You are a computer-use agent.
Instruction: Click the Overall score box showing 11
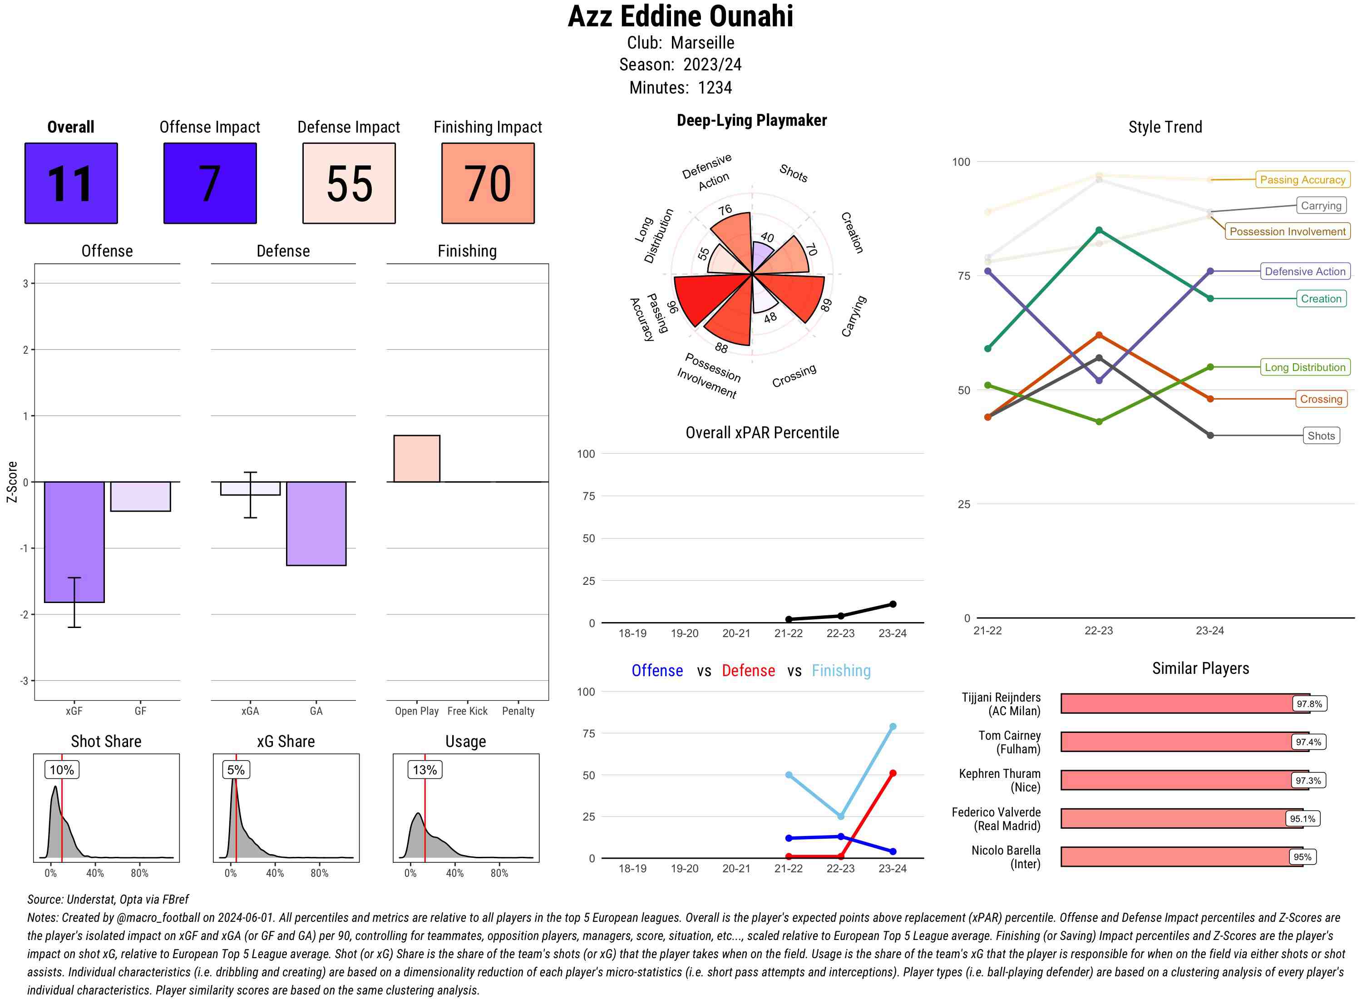point(71,183)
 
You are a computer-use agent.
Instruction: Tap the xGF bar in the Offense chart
point(74,541)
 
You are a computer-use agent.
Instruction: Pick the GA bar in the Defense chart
point(316,523)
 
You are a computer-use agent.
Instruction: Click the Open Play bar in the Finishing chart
point(416,458)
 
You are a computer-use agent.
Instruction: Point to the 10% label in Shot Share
point(62,770)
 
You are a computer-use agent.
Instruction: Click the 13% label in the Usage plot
point(424,770)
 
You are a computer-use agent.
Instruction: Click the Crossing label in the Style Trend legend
point(1320,399)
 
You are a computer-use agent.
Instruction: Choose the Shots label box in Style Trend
point(1320,435)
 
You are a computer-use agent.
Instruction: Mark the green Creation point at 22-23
point(1098,230)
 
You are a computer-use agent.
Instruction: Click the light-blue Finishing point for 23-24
point(892,726)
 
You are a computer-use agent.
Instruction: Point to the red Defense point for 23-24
point(892,773)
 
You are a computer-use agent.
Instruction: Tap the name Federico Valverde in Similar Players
point(996,812)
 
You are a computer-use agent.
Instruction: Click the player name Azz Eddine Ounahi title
point(680,16)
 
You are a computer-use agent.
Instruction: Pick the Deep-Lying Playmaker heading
point(751,120)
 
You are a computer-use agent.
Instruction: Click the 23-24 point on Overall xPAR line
point(892,604)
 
